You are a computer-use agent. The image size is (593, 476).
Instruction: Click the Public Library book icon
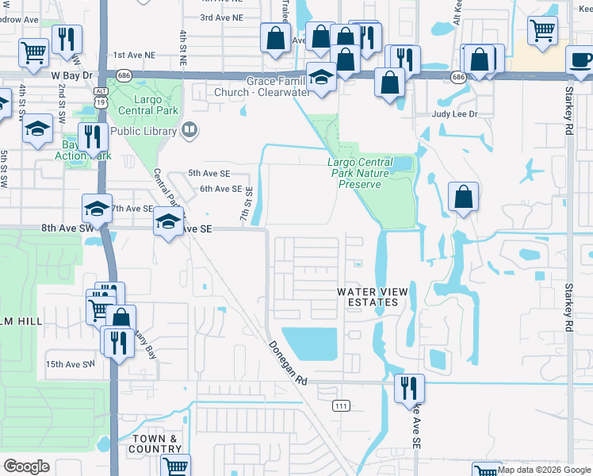pyautogui.click(x=189, y=131)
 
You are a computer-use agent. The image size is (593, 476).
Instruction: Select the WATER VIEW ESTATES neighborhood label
pyautogui.click(x=373, y=297)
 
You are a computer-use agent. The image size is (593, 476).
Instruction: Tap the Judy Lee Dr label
pyautogui.click(x=454, y=114)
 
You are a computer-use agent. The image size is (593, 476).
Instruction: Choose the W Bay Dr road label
pyautogui.click(x=72, y=75)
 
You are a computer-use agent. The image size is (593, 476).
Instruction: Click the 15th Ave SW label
pyautogui.click(x=70, y=364)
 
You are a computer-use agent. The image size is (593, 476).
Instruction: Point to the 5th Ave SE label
pyautogui.click(x=208, y=173)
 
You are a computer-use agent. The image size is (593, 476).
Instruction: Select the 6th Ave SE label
pyautogui.click(x=220, y=189)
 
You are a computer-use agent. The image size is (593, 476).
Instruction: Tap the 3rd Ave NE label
pyautogui.click(x=221, y=17)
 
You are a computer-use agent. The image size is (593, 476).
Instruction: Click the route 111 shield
pyautogui.click(x=341, y=405)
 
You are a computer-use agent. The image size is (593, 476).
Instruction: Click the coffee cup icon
pyautogui.click(x=580, y=60)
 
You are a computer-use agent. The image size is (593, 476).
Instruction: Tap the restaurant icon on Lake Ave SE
pyautogui.click(x=409, y=388)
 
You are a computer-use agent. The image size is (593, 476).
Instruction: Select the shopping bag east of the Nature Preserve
pyautogui.click(x=463, y=196)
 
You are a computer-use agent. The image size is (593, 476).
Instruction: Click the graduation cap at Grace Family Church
pyautogui.click(x=321, y=77)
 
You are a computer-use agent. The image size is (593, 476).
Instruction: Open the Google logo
pyautogui.click(x=26, y=466)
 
